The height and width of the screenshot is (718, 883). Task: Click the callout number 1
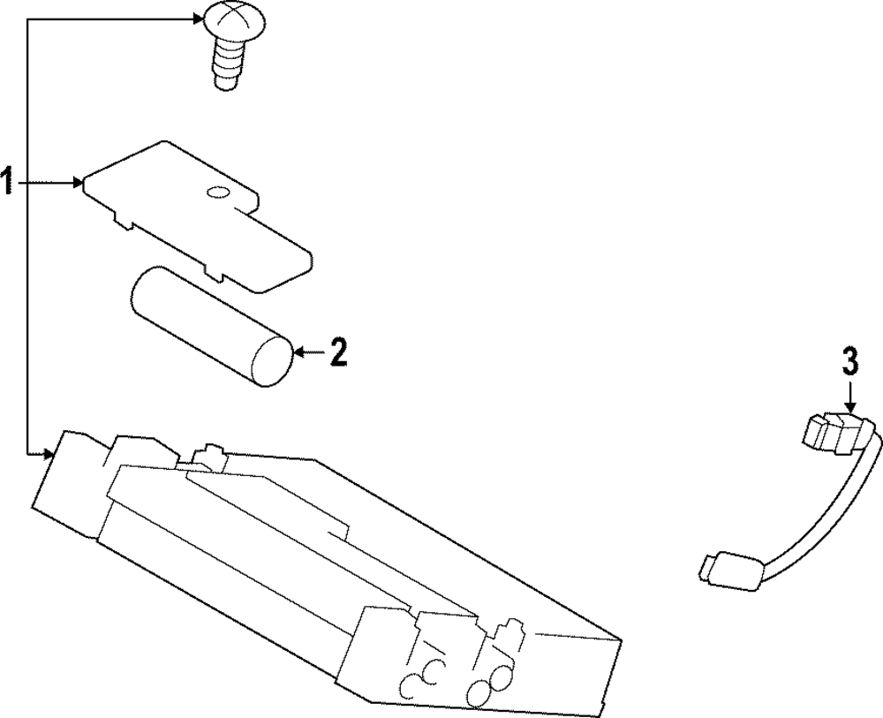[7, 181]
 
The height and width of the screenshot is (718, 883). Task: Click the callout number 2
[337, 353]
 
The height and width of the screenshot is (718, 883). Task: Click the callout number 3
[850, 361]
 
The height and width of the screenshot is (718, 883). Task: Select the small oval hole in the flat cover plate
[218, 193]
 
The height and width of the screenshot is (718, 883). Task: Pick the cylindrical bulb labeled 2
[211, 326]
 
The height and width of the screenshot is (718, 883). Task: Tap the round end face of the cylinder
[273, 362]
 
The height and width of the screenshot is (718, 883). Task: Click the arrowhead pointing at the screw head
[198, 19]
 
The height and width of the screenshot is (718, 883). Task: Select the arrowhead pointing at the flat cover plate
[78, 183]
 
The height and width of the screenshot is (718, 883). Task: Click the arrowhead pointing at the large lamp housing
[49, 453]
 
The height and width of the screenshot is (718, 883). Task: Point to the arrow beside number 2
[310, 353]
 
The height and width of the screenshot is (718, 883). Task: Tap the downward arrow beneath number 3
[850, 397]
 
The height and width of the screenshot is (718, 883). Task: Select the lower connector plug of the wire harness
[729, 571]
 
